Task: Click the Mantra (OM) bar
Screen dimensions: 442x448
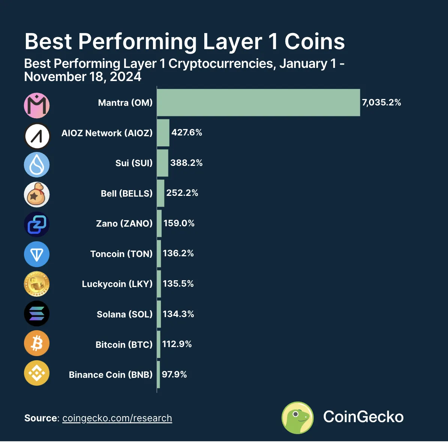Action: click(258, 102)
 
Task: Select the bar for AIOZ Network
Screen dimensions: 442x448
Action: click(163, 133)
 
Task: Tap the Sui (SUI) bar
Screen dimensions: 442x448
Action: click(162, 163)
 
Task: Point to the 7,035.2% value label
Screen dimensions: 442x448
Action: click(381, 102)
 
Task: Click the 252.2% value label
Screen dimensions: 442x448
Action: click(182, 193)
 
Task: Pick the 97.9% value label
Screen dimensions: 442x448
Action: click(174, 374)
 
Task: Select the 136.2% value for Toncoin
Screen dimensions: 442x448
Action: click(178, 253)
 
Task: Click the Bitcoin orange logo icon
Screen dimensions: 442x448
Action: click(37, 343)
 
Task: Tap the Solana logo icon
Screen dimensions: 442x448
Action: click(37, 314)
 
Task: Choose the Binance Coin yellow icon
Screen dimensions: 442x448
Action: click(37, 373)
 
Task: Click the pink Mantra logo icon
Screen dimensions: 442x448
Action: click(37, 105)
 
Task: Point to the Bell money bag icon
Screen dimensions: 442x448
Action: click(37, 195)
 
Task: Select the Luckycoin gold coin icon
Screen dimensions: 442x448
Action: click(37, 284)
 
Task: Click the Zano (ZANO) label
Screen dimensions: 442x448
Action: click(124, 224)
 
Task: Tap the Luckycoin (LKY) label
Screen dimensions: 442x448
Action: click(117, 284)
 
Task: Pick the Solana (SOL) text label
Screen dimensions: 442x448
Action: click(124, 314)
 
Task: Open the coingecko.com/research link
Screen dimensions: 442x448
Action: click(117, 418)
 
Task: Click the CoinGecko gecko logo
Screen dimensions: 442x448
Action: click(298, 418)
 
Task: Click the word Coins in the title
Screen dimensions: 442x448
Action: click(315, 41)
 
